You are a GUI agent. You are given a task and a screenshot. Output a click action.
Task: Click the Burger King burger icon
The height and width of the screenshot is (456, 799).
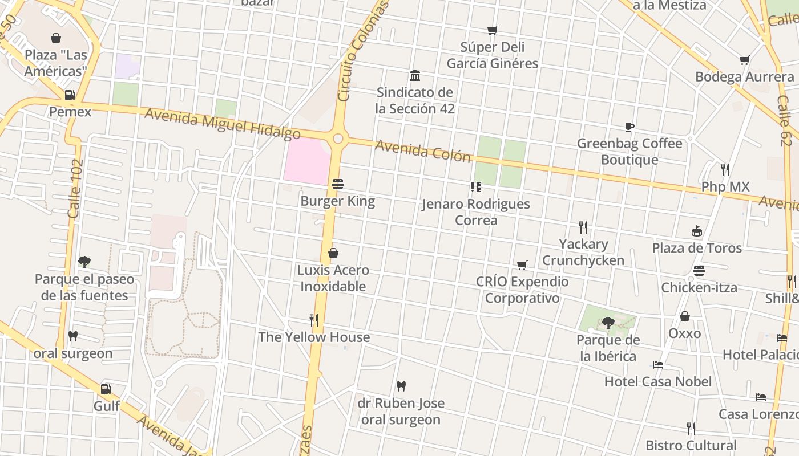tap(338, 184)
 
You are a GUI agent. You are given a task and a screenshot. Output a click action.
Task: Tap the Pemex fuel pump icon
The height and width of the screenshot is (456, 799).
tap(70, 95)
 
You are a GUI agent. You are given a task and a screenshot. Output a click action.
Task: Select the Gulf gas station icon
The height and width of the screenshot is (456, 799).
tap(106, 390)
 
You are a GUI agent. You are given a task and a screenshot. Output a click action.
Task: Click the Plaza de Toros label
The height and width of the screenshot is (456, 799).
tap(697, 248)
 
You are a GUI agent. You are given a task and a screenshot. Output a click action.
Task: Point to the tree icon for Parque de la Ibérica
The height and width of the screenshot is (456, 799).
tap(608, 323)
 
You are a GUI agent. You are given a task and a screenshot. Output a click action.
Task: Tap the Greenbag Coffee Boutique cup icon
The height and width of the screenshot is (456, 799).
tap(629, 127)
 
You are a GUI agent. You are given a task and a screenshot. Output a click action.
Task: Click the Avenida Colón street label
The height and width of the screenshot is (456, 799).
tap(423, 152)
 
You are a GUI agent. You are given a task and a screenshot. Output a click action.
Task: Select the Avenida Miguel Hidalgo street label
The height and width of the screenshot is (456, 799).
tap(222, 124)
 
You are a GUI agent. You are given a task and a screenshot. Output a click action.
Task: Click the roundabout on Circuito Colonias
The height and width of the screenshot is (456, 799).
tap(338, 139)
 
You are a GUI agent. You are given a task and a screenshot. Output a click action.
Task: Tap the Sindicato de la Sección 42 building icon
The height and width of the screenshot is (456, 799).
tap(415, 76)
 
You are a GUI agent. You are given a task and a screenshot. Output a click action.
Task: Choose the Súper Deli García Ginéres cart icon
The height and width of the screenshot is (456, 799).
tap(492, 30)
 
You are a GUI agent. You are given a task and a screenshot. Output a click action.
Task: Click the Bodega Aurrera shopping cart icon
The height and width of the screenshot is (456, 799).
tap(744, 60)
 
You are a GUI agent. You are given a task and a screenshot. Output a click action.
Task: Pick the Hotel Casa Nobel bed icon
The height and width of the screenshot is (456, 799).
tap(658, 365)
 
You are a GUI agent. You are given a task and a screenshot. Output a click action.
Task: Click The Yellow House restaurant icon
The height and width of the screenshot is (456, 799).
tap(313, 320)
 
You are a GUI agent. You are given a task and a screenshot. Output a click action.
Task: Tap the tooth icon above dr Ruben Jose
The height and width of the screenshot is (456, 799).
tap(401, 386)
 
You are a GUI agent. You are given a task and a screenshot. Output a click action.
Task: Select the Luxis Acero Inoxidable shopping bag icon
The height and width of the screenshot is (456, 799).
tap(333, 253)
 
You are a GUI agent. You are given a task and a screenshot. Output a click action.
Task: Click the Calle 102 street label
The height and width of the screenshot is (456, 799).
tap(75, 189)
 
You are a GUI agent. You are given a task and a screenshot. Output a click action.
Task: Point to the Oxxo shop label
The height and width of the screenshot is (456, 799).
tap(684, 333)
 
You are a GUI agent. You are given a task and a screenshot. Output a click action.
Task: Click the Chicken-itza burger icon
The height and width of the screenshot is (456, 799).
tap(699, 271)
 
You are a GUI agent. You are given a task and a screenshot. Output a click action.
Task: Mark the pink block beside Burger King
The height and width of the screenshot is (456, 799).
tap(306, 161)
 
